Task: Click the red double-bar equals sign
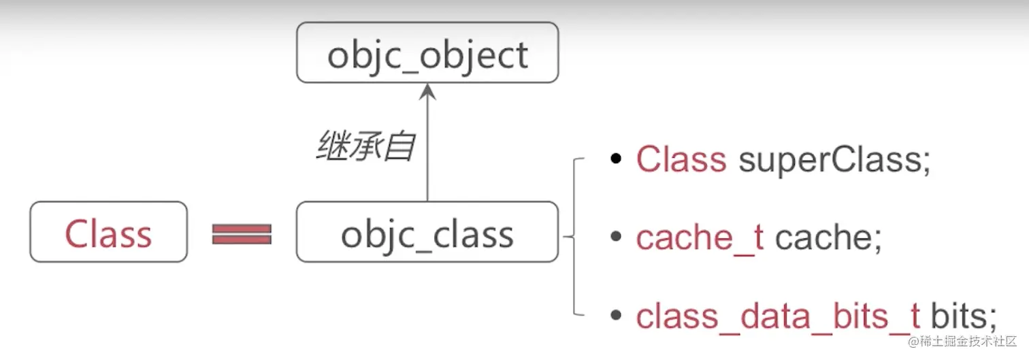(x=242, y=234)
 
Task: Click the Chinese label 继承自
(x=365, y=146)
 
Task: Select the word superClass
(x=829, y=160)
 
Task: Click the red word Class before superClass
(x=681, y=160)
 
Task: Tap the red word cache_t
(x=700, y=238)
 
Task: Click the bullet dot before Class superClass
(x=617, y=160)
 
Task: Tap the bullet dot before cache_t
(x=617, y=238)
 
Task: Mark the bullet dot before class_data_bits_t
(x=617, y=316)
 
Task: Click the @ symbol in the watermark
(x=914, y=342)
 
